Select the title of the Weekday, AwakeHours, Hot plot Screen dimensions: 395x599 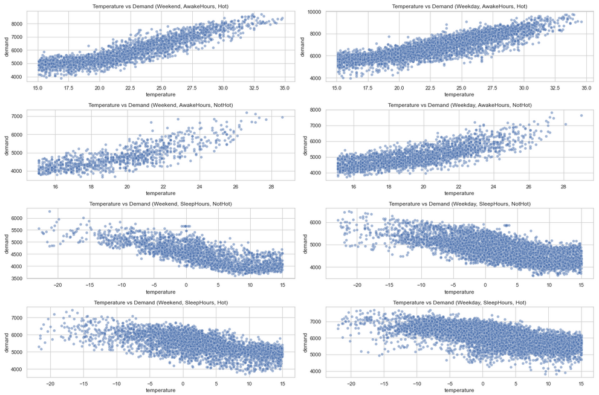[459, 6]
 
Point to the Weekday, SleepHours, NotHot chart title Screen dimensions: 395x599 [459, 204]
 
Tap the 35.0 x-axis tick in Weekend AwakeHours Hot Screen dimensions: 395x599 [285, 88]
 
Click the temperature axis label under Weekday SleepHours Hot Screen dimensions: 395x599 [459, 391]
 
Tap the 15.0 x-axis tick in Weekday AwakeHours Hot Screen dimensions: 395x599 [337, 88]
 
